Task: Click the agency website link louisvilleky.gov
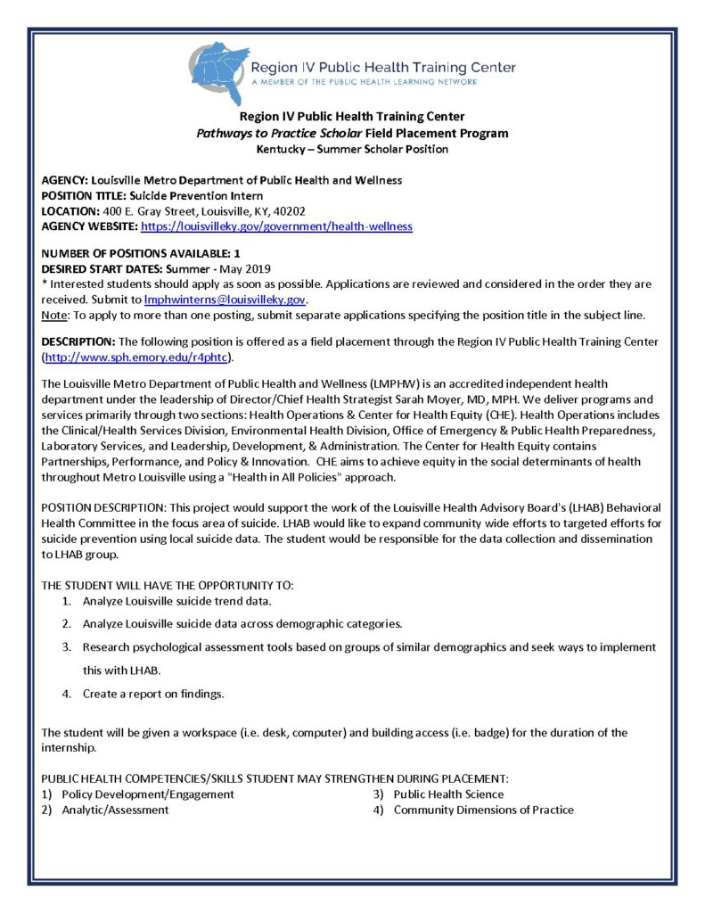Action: tap(276, 226)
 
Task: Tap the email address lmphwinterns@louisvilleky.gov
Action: tap(225, 300)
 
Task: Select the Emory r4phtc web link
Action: tap(138, 358)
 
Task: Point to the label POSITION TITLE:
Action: tap(84, 195)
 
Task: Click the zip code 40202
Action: tap(290, 211)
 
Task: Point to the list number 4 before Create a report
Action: tap(66, 693)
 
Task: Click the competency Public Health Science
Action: tap(448, 794)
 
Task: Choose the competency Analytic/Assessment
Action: tap(115, 810)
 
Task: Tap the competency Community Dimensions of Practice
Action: tap(483, 810)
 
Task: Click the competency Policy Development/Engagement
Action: tap(148, 794)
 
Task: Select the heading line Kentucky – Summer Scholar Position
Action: tap(352, 149)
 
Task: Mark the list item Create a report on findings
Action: tap(153, 693)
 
